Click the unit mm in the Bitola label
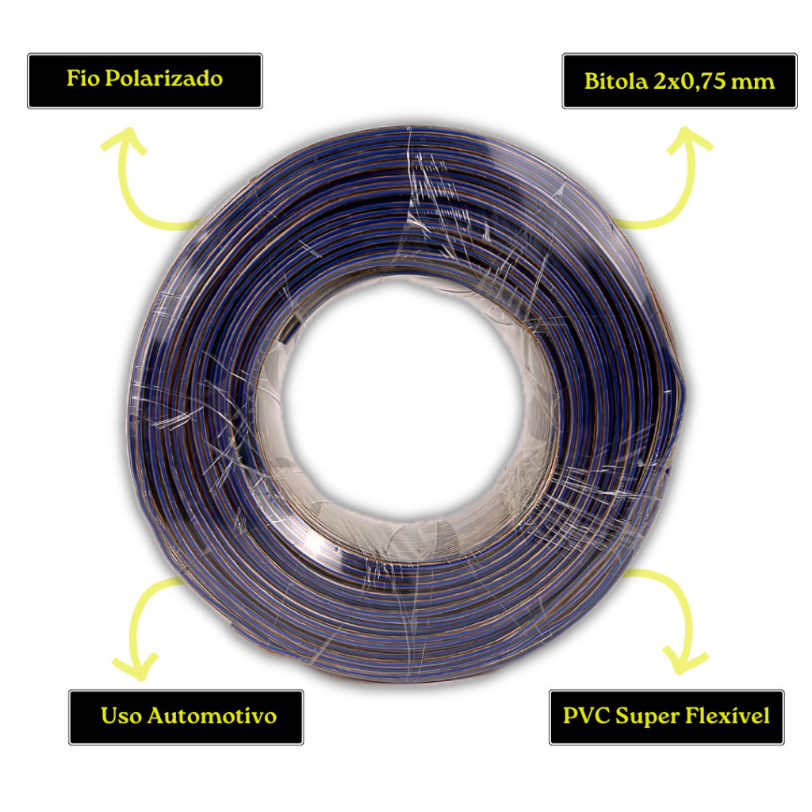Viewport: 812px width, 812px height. coord(755,82)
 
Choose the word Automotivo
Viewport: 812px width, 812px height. coord(212,716)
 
